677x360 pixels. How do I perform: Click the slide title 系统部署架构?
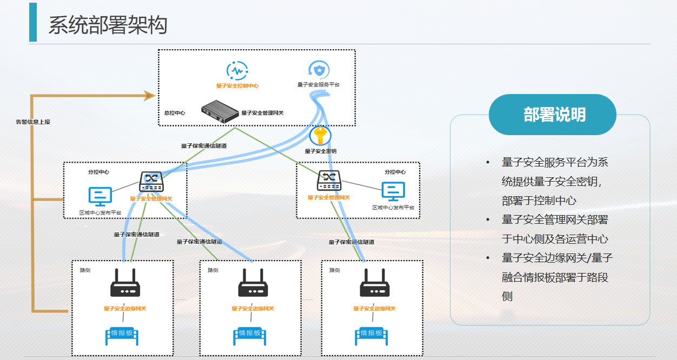click(108, 25)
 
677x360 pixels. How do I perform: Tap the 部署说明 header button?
click(552, 115)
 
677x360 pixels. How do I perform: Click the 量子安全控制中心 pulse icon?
click(237, 71)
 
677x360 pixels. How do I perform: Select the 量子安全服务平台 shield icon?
click(319, 70)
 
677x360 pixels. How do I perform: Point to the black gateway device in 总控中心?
click(220, 112)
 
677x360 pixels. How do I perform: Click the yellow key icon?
click(320, 136)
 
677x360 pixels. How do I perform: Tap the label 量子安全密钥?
click(321, 151)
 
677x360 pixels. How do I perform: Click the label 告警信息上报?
click(33, 122)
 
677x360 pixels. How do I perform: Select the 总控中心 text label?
click(175, 113)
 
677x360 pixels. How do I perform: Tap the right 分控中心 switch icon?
click(329, 180)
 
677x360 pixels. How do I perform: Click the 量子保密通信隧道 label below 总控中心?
click(204, 145)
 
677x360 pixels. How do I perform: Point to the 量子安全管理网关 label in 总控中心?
click(262, 113)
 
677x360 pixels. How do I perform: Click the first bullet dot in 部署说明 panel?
click(488, 163)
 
